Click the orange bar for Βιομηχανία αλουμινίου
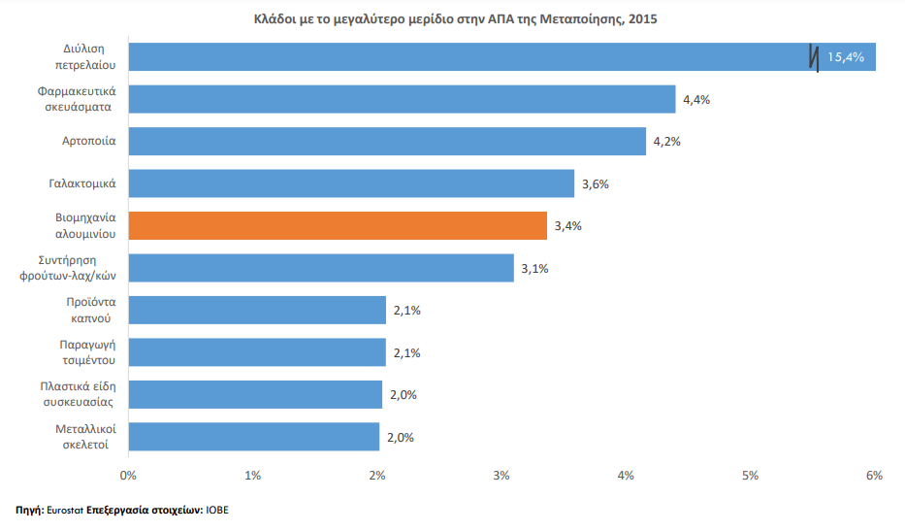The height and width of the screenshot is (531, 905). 337,225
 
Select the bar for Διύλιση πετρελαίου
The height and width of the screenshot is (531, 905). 466,56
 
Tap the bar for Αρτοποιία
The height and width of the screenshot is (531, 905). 386,141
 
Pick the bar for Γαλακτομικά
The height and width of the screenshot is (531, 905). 350,183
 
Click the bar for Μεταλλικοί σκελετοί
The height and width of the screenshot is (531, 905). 252,437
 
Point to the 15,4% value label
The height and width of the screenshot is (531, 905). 845,57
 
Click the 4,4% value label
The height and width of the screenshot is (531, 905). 696,99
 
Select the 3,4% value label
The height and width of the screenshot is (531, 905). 567,226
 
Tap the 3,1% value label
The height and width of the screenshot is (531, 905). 534,268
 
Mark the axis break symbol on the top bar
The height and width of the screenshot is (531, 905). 813,57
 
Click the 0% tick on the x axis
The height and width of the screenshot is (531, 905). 127,476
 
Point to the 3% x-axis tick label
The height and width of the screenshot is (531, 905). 501,476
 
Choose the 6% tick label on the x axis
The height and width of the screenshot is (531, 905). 874,476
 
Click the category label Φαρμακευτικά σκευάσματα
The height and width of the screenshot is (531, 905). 78,99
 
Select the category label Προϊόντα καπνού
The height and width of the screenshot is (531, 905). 86,310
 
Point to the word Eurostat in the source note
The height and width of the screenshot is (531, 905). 64,510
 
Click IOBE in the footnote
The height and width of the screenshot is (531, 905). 216,510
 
